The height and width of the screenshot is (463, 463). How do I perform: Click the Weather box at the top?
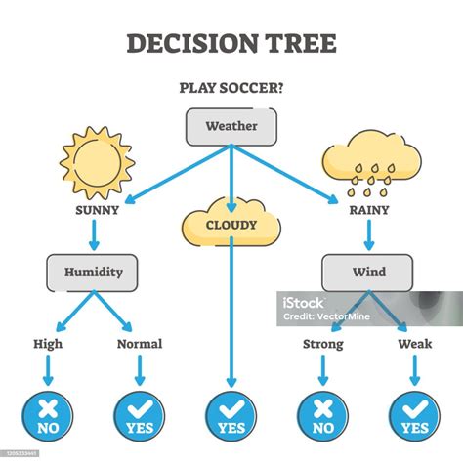(231, 127)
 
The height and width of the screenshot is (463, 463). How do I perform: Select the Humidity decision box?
(92, 273)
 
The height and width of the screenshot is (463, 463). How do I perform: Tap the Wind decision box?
(367, 273)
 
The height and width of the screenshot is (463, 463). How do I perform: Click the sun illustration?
(97, 163)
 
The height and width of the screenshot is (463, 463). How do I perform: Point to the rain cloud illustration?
(371, 163)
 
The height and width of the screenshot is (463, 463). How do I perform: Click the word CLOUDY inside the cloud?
(231, 225)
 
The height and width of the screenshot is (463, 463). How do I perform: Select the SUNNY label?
(97, 210)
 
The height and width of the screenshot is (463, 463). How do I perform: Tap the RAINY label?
(369, 210)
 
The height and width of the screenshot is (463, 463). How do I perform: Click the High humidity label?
(48, 345)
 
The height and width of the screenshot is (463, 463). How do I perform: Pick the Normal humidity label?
(140, 344)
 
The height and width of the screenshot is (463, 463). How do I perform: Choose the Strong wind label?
(323, 345)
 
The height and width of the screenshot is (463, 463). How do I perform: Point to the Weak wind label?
(415, 344)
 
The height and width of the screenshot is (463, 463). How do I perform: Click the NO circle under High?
(48, 416)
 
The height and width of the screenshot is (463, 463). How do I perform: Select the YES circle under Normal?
(140, 416)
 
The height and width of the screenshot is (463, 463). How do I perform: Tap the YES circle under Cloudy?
(231, 416)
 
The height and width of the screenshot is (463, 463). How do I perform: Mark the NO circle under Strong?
(322, 416)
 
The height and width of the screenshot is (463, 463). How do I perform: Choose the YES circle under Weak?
(415, 416)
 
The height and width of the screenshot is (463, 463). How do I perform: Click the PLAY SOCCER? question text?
(231, 88)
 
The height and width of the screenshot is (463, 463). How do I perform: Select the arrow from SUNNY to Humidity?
(94, 235)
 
